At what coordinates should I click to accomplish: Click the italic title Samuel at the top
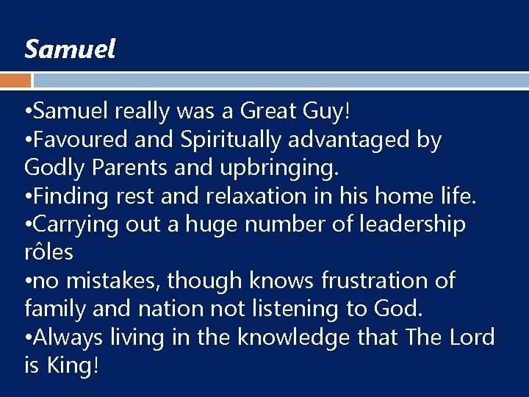pos(70,50)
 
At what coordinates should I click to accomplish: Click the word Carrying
pos(76,224)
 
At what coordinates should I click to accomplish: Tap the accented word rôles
pos(48,252)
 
